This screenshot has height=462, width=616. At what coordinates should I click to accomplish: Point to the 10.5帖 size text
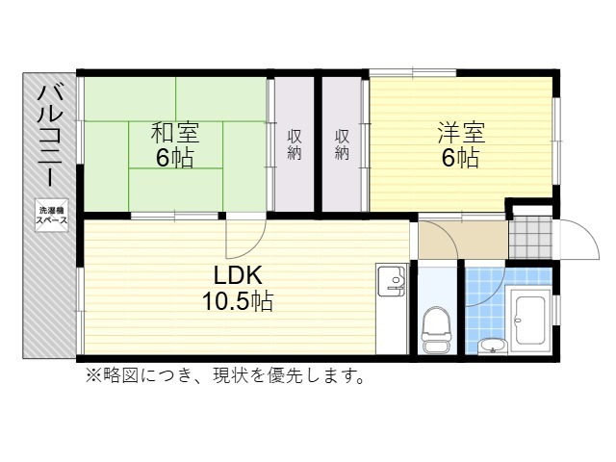pos(237,301)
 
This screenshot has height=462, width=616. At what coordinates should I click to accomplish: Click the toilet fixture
pos(436,325)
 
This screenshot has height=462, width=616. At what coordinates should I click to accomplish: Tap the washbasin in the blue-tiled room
pos(493,344)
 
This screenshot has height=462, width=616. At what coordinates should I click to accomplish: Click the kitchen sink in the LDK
pos(393,280)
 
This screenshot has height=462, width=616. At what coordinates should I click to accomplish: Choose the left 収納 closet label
pos(295,143)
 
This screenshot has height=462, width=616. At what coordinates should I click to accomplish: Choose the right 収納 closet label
pos(343,143)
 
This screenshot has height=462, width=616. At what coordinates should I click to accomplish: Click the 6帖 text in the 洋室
pos(460,158)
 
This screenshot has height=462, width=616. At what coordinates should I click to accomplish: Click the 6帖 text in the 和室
pos(174,158)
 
